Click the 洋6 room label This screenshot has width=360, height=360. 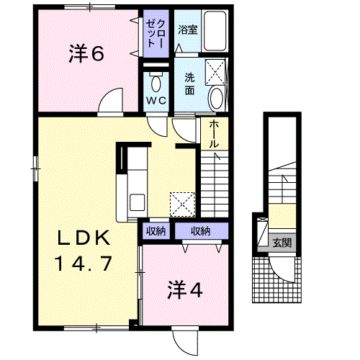pyautogui.click(x=86, y=54)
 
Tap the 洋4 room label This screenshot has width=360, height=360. pyautogui.click(x=185, y=289)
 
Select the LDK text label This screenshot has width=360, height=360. pyautogui.click(x=84, y=238)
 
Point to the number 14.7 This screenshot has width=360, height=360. pyautogui.click(x=84, y=264)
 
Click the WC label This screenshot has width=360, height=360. pyautogui.click(x=156, y=100)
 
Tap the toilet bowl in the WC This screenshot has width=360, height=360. pyautogui.click(x=156, y=83)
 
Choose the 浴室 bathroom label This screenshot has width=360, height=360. pyautogui.click(x=188, y=30)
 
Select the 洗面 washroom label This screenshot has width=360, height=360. pyautogui.click(x=189, y=84)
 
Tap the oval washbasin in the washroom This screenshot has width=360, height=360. pyautogui.click(x=216, y=99)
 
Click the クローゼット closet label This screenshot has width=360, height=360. pyautogui.click(x=156, y=33)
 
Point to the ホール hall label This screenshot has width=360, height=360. pyautogui.click(x=214, y=134)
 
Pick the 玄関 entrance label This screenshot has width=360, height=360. pyautogui.click(x=282, y=243)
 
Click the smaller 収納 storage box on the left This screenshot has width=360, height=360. pyautogui.click(x=156, y=231)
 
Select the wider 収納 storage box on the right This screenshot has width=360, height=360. pyautogui.click(x=201, y=231)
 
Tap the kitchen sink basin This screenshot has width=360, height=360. pyautogui.click(x=137, y=202)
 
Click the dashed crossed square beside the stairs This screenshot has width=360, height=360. pyautogui.click(x=182, y=204)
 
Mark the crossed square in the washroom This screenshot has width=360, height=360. pyautogui.click(x=215, y=72)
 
